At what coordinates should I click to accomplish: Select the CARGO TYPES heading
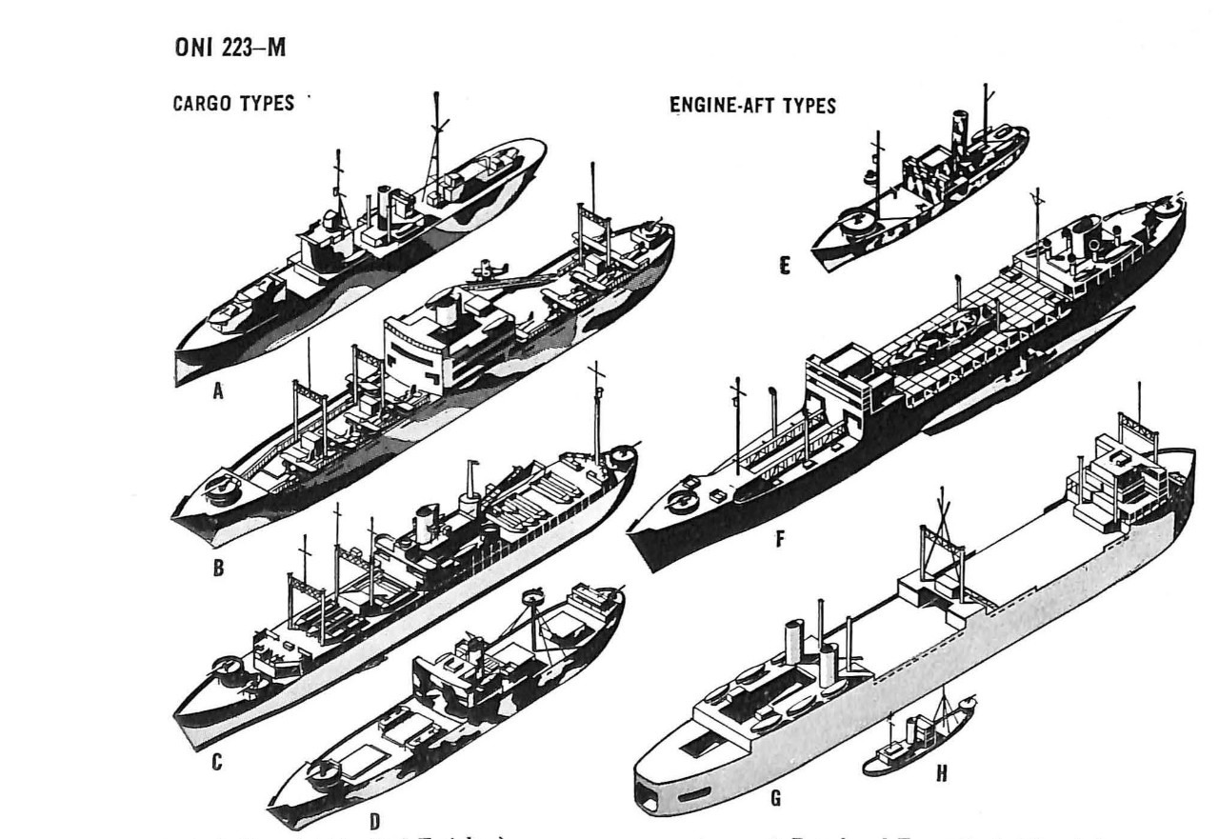click(232, 104)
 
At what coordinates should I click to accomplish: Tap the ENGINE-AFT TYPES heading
click(753, 107)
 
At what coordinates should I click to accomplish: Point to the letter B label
click(218, 569)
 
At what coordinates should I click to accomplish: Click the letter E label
click(784, 268)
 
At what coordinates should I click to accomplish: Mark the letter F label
click(780, 540)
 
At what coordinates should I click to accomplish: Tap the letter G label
click(776, 798)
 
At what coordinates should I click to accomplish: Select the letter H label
click(942, 773)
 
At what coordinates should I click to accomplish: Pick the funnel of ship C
click(423, 523)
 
